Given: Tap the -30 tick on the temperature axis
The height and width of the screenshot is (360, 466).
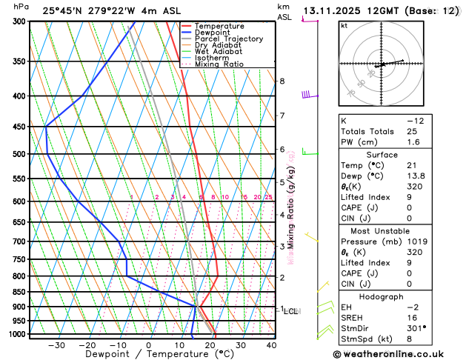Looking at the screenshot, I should click(x=56, y=345).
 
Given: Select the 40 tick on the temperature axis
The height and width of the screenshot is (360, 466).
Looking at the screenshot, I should click(x=271, y=345).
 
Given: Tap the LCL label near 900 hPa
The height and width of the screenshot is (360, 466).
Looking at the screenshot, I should click(x=290, y=311).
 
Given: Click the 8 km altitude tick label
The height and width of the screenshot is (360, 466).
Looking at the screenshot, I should click(x=282, y=81).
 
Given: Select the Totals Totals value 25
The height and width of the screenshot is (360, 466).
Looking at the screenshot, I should click(x=413, y=131).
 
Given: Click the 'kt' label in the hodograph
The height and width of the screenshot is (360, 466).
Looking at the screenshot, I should click(x=344, y=26).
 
